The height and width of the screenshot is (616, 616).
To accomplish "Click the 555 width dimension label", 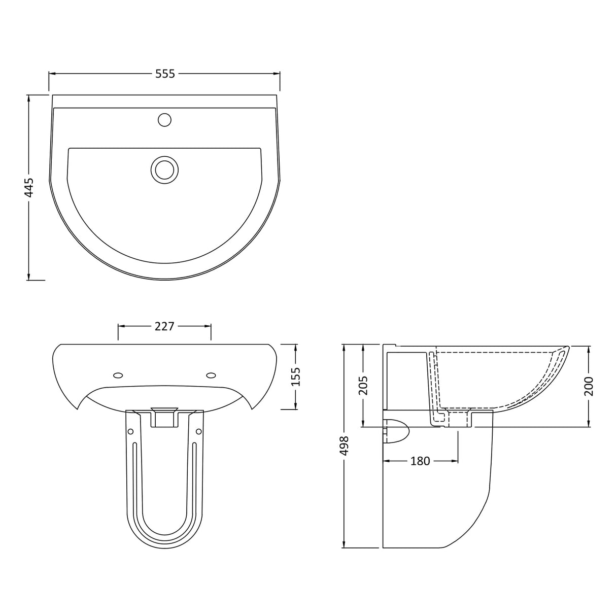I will [165, 74].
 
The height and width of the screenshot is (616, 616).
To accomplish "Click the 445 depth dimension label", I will [29, 187].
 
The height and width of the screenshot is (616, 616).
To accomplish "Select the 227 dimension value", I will [164, 326].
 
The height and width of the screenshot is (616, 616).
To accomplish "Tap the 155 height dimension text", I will [296, 377].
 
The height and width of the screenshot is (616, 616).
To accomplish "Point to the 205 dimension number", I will [364, 386].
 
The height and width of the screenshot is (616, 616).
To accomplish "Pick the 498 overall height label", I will [345, 445].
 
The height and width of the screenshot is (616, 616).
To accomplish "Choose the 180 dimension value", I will [420, 461].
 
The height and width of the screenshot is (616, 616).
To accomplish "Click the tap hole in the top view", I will [164, 120].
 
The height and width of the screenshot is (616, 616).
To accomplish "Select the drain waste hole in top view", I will [164, 168].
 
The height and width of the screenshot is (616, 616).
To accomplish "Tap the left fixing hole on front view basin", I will [118, 375].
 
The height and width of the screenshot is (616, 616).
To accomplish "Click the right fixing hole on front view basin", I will [211, 375].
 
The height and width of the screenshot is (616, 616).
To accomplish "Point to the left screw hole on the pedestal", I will [130, 431].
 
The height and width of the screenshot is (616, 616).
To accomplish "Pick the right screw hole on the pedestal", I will [199, 431].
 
